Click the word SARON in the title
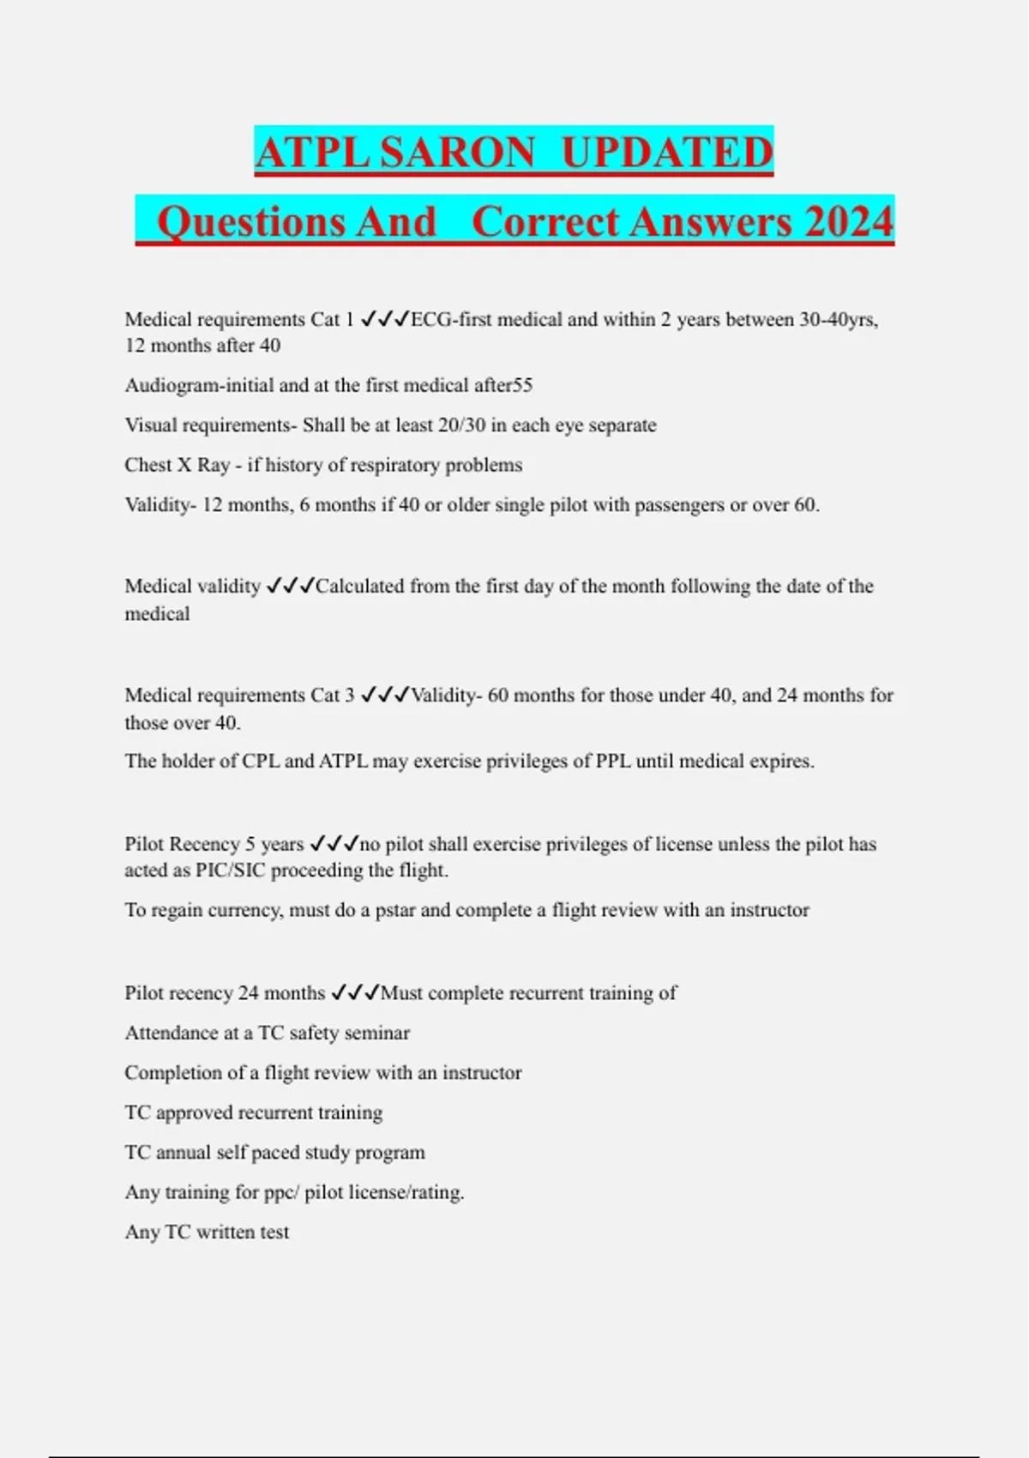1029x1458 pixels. tap(458, 152)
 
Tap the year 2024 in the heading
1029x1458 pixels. tap(849, 221)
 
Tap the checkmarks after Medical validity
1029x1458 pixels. tap(290, 586)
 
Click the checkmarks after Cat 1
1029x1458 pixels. tap(384, 319)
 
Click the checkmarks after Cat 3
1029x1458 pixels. tap(384, 695)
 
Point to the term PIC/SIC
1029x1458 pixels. tap(231, 871)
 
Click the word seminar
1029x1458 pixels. tap(376, 1033)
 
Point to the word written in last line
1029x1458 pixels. tap(226, 1232)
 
